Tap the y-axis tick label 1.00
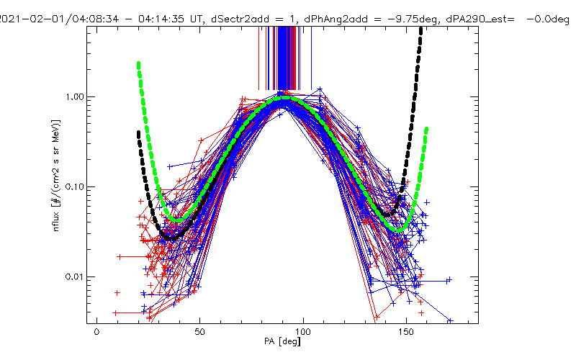pyautogui.click(x=75, y=96)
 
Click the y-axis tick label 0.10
pyautogui.click(x=75, y=186)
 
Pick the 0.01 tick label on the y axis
pyautogui.click(x=75, y=276)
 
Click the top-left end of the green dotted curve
pyautogui.click(x=138, y=64)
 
